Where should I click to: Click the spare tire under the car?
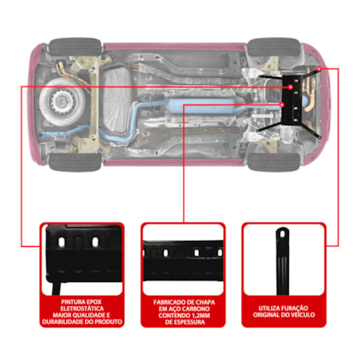[63, 101]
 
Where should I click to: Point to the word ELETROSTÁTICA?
[82, 309]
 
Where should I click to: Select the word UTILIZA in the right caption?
[269, 309]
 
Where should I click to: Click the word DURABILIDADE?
[63, 321]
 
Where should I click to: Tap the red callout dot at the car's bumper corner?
[319, 69]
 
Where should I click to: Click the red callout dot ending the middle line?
[282, 105]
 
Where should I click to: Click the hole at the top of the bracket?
[283, 234]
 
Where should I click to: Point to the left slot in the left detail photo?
[62, 243]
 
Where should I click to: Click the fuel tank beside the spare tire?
[118, 101]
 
